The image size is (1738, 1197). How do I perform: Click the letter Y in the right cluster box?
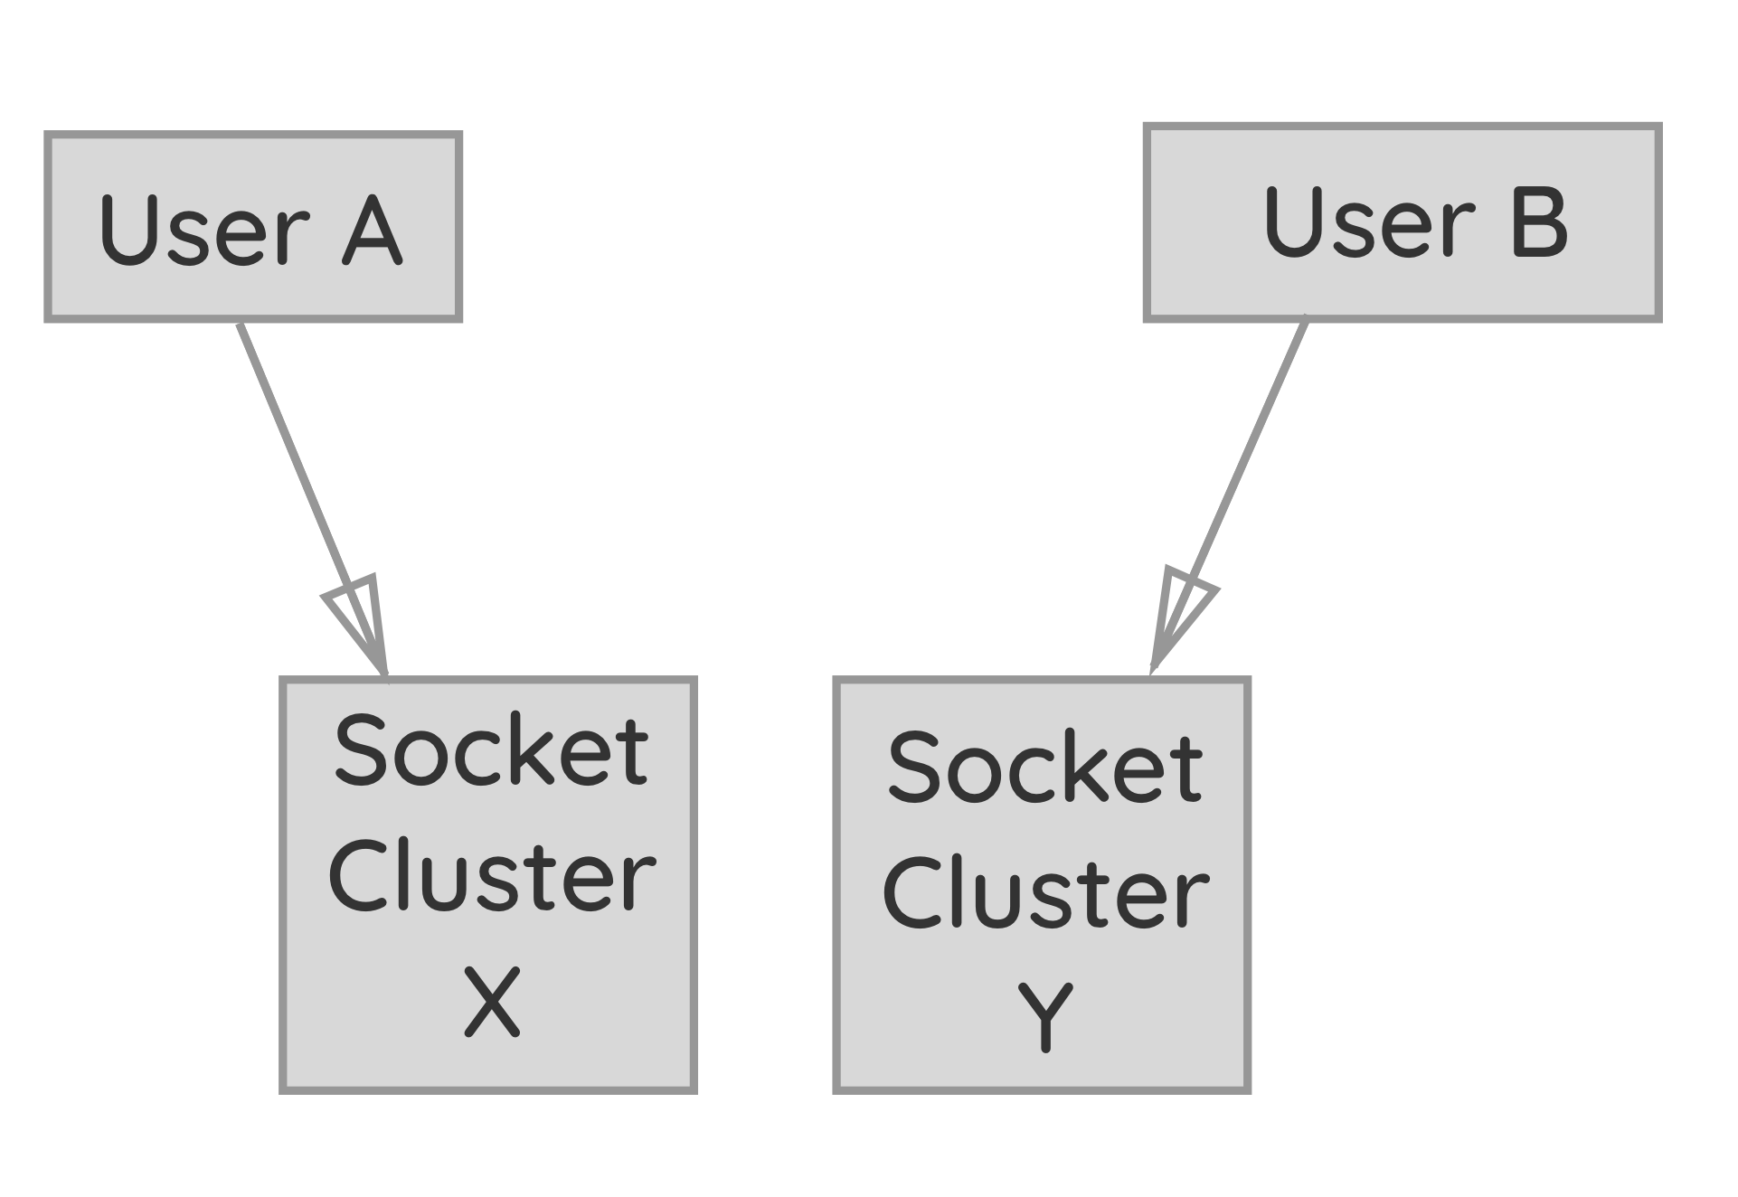(x=1045, y=1018)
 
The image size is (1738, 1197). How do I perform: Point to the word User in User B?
(x=1368, y=222)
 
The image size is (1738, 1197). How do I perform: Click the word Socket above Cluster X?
(x=491, y=750)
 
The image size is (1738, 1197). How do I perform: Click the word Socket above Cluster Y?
(x=1044, y=768)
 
